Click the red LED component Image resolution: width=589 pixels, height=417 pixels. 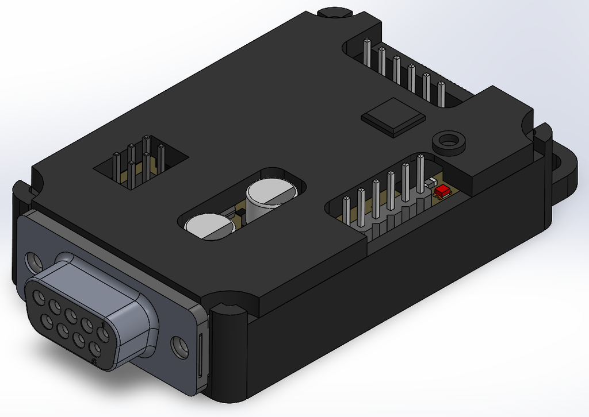coord(442,190)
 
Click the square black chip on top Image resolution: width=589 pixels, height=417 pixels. coord(393,117)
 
